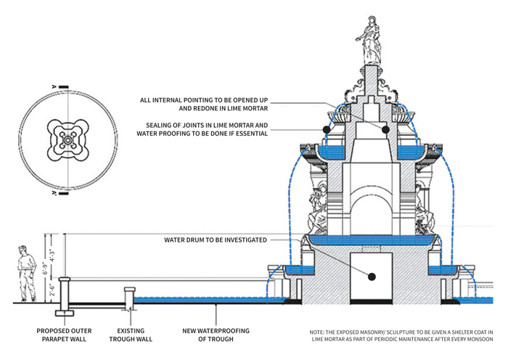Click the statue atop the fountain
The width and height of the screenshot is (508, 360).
pyautogui.click(x=369, y=41)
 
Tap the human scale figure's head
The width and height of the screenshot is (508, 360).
pyautogui.click(x=22, y=250)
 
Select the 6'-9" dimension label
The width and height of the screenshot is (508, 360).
pyautogui.click(x=45, y=266)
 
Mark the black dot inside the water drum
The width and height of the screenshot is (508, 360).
pyautogui.click(x=372, y=277)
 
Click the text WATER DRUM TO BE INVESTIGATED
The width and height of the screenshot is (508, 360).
pyautogui.click(x=216, y=240)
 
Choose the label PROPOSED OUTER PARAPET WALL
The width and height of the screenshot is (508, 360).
pyautogui.click(x=64, y=335)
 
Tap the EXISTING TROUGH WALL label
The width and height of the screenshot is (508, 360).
pyautogui.click(x=131, y=335)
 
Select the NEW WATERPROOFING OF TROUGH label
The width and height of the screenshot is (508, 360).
pyautogui.click(x=216, y=335)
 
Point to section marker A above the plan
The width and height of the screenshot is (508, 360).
pyautogui.click(x=54, y=86)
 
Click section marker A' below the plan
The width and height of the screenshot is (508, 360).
pyautogui.click(x=54, y=194)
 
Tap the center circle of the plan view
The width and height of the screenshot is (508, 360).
pyautogui.click(x=67, y=140)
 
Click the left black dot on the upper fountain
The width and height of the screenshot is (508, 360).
pyautogui.click(x=327, y=129)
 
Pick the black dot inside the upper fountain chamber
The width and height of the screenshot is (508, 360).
pyautogui.click(x=385, y=129)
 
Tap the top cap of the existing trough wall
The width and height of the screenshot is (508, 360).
pyautogui.click(x=130, y=289)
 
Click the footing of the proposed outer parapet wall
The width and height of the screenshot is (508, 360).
pyautogui.click(x=65, y=313)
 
